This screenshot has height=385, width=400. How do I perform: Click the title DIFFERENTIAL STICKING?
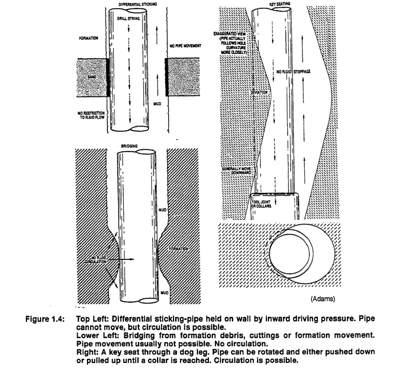pos(127,3)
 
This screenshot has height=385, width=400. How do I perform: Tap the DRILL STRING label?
pos(125,18)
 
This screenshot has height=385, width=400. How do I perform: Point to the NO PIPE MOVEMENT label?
pos(185,46)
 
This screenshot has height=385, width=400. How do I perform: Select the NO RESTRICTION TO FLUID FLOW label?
pos(92,115)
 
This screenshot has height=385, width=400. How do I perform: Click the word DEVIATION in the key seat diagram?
pos(258,93)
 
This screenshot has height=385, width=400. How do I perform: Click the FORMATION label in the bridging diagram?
pos(178,249)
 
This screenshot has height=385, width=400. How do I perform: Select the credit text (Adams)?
pos(324,299)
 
